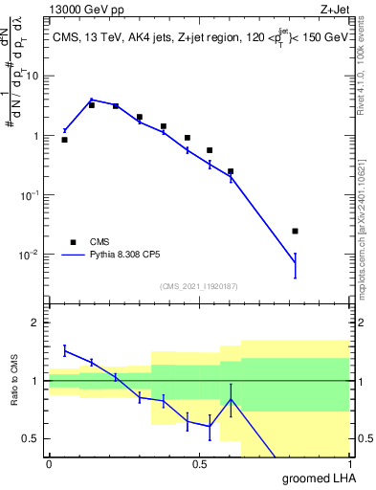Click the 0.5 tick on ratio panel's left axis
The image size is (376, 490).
pyautogui.click(x=32, y=439)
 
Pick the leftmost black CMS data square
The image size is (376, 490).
pyautogui.click(x=64, y=140)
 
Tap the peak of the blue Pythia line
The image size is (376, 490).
pyautogui.click(x=92, y=100)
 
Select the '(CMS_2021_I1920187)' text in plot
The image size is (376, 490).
pyautogui.click(x=199, y=285)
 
